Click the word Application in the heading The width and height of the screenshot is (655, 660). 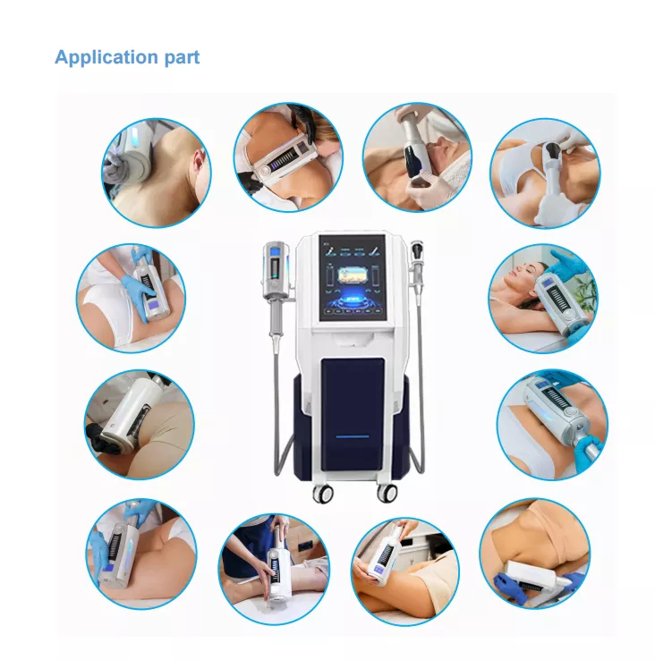[106, 57]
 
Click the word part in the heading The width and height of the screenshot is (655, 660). [182, 58]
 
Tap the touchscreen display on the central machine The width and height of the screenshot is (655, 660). [353, 278]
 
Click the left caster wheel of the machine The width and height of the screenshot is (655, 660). [324, 493]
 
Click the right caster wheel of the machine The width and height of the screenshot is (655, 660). [387, 493]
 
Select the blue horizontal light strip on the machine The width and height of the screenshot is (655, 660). [353, 437]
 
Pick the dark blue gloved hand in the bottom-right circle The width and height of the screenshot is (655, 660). [512, 588]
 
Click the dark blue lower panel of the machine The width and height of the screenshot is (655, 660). [353, 415]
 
